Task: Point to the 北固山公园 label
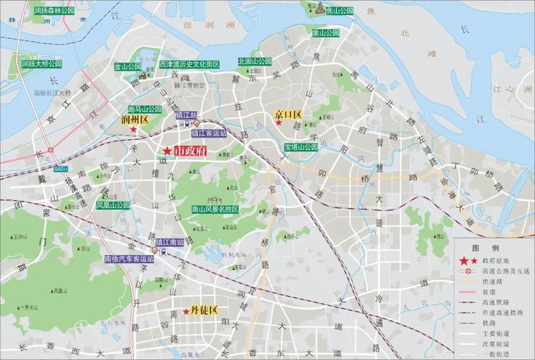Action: (x=253, y=62)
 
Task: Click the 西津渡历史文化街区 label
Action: (x=189, y=64)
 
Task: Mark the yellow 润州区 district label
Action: (x=134, y=120)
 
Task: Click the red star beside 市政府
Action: (x=167, y=150)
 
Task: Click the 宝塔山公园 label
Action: (x=300, y=147)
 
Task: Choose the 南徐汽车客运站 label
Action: (x=129, y=258)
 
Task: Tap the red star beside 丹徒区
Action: (x=186, y=311)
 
